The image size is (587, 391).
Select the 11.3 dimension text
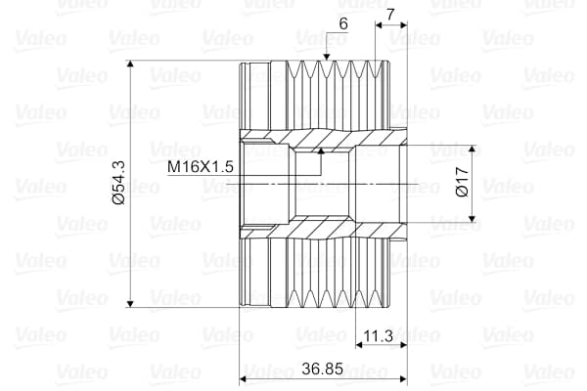pos(377,336)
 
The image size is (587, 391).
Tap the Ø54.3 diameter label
pos(118,184)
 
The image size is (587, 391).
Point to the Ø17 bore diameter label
pos(462,184)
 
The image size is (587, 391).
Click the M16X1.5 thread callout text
pos(200,167)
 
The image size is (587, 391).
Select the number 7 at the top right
pos(390,15)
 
